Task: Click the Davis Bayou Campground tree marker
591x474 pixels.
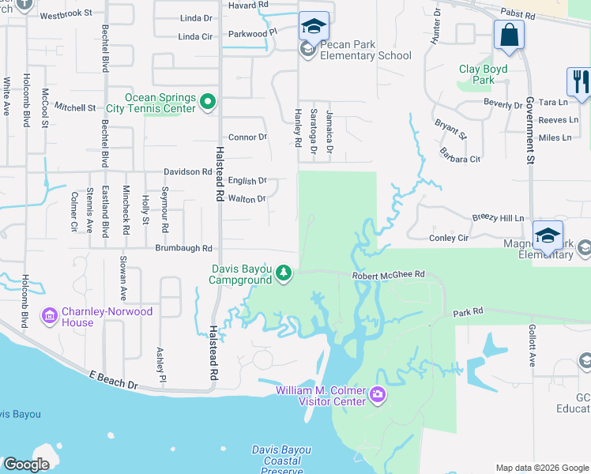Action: tap(284, 273)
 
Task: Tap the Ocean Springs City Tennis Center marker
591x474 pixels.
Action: tap(208, 101)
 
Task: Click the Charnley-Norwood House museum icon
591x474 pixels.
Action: tap(50, 316)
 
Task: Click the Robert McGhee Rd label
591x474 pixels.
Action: tap(389, 274)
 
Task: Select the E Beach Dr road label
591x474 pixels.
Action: tap(113, 381)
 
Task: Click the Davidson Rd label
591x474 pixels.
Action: tap(187, 171)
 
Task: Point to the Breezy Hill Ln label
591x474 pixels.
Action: tap(498, 218)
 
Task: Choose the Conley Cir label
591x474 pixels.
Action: tap(449, 237)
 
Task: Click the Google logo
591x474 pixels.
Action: tap(26, 465)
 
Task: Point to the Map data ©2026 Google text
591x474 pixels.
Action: tap(540, 468)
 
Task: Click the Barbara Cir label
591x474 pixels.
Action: tap(461, 159)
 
